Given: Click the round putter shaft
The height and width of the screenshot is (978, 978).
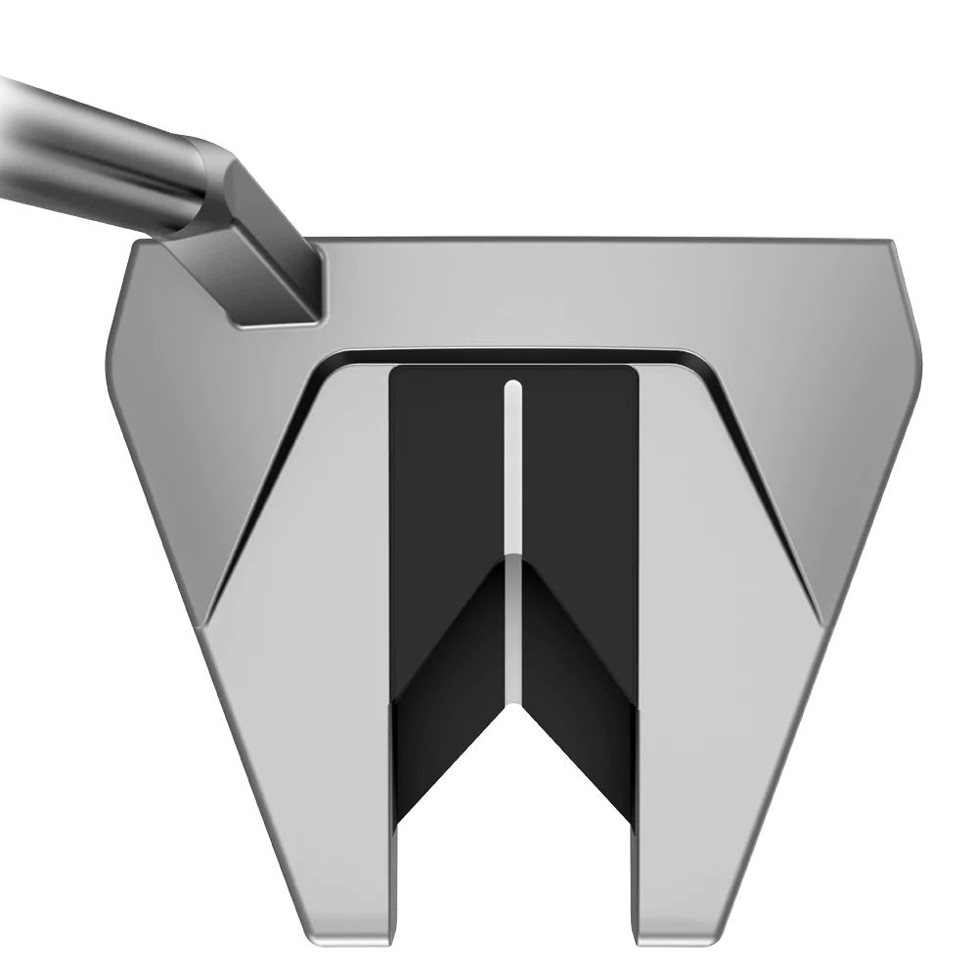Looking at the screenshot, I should click(88, 147).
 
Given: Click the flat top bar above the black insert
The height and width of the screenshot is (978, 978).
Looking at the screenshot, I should click(587, 293).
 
